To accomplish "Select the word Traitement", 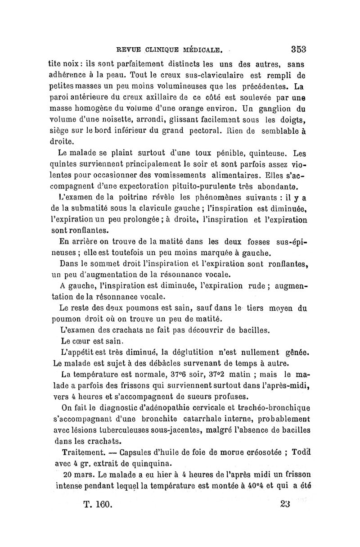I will [84, 452].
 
